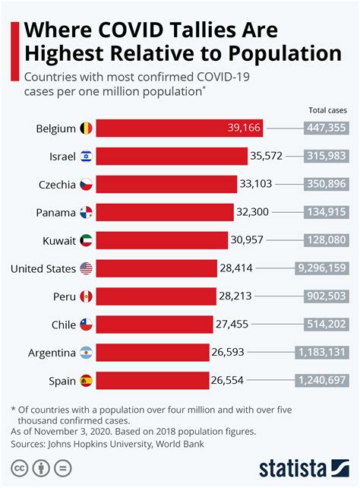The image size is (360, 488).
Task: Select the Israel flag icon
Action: pos(86,157)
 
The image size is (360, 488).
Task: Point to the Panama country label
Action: pos(55,212)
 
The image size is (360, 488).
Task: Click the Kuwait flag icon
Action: pos(86,240)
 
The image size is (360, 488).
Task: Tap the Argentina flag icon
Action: pos(86,352)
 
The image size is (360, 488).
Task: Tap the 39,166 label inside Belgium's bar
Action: pos(243,128)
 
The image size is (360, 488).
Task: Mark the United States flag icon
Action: pos(86,268)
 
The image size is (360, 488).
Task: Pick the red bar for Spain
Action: pos(152,379)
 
